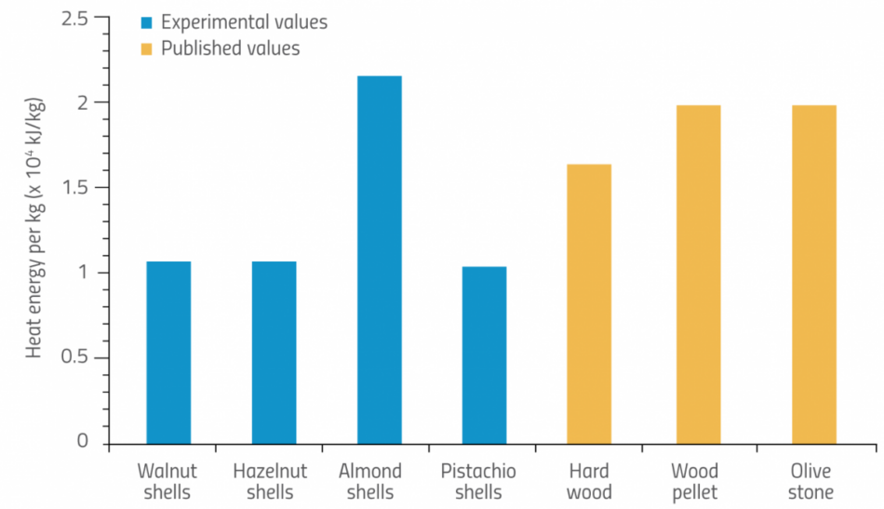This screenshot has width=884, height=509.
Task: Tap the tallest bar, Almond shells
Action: click(379, 260)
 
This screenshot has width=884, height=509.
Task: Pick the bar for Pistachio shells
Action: click(484, 355)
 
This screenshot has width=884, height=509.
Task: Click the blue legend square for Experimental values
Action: click(147, 22)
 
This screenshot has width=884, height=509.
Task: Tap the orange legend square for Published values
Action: click(147, 48)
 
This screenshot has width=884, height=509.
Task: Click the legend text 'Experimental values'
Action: click(244, 21)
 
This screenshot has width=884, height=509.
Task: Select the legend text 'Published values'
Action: click(231, 48)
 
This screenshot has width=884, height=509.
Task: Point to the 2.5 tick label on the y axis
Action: click(79, 18)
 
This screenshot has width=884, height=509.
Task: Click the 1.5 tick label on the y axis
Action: click(79, 188)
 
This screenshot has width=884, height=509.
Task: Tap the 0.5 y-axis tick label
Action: click(79, 358)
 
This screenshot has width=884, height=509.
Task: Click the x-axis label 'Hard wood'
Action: click(589, 481)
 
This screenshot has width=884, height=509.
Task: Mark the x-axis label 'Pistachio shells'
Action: click(478, 481)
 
